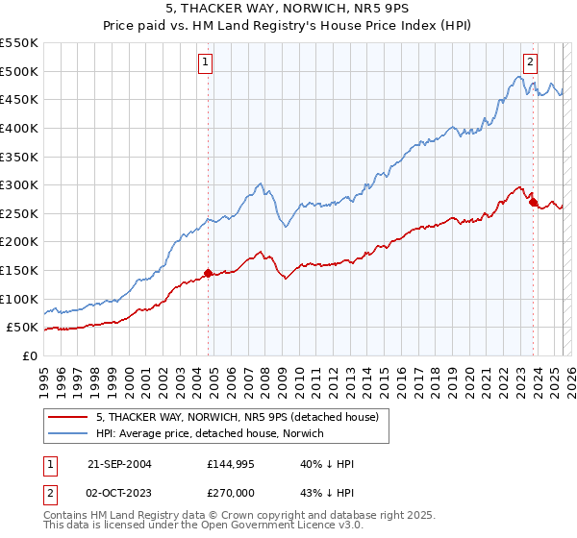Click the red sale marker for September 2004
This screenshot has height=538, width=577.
pos(209,273)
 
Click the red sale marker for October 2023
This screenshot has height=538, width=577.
pos(533,202)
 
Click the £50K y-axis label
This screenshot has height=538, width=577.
pos(23,328)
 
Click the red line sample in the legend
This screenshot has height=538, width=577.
pos(68,417)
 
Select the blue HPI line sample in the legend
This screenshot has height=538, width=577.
pos(68,433)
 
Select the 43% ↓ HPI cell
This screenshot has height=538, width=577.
pos(328,491)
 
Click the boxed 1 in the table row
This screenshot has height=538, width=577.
pos(49,464)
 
